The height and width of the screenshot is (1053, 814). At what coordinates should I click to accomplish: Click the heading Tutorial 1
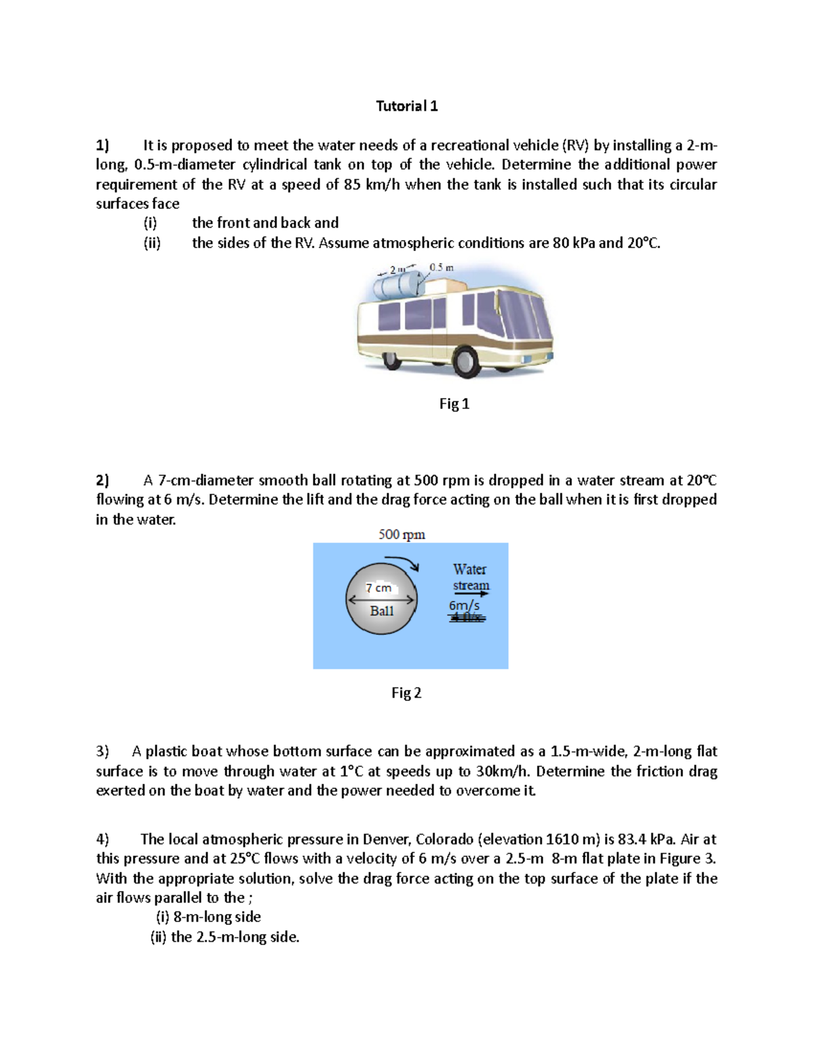click(x=406, y=106)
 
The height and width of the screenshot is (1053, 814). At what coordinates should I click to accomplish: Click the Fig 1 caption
click(x=454, y=404)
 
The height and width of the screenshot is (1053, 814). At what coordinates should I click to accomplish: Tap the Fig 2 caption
click(x=406, y=693)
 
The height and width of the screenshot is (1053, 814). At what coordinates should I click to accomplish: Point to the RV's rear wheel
click(x=392, y=359)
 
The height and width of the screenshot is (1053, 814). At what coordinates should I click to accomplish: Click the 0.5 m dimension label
click(x=442, y=268)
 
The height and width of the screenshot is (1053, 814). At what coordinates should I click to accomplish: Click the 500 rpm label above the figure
click(x=402, y=534)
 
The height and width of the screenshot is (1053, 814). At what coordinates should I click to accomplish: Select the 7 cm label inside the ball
click(x=379, y=588)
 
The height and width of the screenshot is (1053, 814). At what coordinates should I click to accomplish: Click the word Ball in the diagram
click(x=381, y=611)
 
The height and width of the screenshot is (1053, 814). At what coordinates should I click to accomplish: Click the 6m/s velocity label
click(x=464, y=605)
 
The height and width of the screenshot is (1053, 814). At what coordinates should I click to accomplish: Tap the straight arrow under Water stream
click(x=471, y=595)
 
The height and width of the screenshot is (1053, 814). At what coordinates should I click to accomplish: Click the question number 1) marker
click(x=102, y=145)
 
